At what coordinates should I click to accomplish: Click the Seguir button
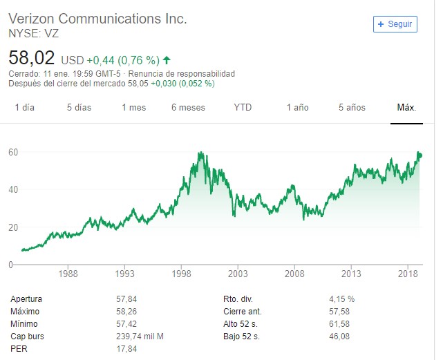pos(395,23)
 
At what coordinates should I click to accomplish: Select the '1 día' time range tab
pos(24,107)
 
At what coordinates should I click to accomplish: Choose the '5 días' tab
pos(79,107)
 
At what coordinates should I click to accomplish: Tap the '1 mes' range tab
pos(133,107)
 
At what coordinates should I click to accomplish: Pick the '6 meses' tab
pos(188,107)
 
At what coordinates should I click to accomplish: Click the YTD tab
pos(243,107)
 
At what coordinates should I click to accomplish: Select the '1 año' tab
pos(297,107)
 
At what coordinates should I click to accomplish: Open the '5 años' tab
pos(352,107)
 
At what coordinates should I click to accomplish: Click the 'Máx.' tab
pos(406,107)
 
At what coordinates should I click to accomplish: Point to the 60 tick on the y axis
pos(13,151)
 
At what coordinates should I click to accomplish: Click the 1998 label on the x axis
pos(182,274)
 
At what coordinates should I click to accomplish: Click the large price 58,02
pos(31,57)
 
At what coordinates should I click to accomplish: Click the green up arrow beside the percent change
pos(167,59)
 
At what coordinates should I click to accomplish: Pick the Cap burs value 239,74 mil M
pos(141,337)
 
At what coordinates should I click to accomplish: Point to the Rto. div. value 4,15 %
pos(342,299)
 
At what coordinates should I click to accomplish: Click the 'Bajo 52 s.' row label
pos(241,337)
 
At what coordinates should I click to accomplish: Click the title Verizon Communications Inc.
pos(97,19)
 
